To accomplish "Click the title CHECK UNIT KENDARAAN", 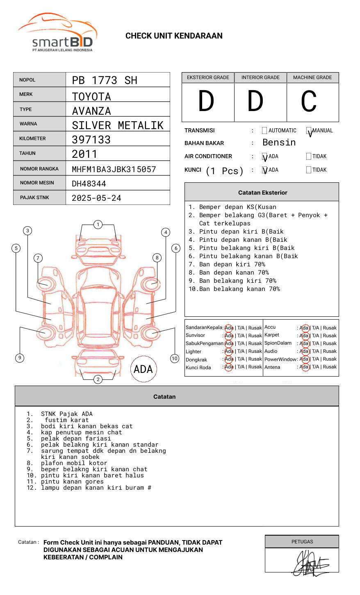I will coord(174,36).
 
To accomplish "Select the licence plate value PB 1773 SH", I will coord(105,80).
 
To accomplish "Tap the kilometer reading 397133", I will coord(91,140).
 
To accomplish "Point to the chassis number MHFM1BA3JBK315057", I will coord(114,169).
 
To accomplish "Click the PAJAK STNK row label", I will coord(34,198).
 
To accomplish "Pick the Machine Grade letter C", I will coord(309,102).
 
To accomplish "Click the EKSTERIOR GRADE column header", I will coord(208,77).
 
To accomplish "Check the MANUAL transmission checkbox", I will coord(309,131).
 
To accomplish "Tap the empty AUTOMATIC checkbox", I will coord(264,131).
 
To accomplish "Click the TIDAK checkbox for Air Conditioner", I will coord(309,156).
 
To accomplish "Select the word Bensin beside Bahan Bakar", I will coord(279,143).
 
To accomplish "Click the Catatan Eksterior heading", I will coord(262,193).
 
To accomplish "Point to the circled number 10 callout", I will coord(175,359).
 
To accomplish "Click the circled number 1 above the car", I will coord(98,225).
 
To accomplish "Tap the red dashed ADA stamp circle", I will coord(143,369).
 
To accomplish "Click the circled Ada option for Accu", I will coord(304,328).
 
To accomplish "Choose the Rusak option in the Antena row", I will coord(330,367).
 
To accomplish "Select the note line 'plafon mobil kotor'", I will coord(74,463).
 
